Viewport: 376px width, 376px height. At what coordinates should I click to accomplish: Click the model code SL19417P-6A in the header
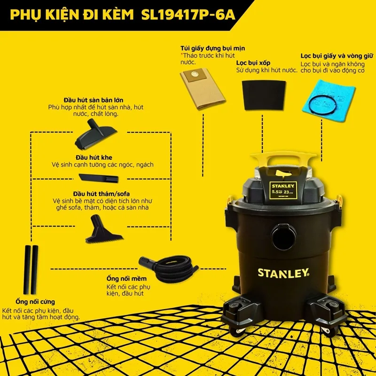(x=188, y=15)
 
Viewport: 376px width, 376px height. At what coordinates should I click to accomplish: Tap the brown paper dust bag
(x=203, y=88)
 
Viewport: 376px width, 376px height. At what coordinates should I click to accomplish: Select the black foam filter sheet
(x=264, y=95)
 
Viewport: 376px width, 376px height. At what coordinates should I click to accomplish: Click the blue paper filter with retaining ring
(x=329, y=101)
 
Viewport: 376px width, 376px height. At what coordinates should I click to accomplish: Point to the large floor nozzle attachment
(x=95, y=135)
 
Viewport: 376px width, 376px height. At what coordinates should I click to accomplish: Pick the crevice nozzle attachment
(x=99, y=178)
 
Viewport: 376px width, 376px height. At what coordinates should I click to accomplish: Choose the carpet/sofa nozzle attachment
(x=103, y=229)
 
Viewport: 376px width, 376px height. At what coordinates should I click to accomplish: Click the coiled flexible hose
(x=169, y=268)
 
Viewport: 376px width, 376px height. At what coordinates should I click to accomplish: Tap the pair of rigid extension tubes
(x=31, y=270)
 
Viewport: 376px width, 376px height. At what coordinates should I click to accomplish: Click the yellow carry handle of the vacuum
(x=283, y=159)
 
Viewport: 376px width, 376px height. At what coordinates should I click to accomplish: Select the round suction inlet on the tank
(x=284, y=237)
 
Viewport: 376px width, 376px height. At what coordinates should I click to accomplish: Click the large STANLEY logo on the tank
(x=283, y=273)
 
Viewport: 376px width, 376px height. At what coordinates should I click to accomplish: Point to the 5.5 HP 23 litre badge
(x=283, y=190)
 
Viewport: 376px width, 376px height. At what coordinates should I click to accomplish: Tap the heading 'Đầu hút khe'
(x=94, y=157)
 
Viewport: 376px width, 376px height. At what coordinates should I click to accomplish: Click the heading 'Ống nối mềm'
(x=126, y=279)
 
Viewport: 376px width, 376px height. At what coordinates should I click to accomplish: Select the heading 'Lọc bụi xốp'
(x=253, y=63)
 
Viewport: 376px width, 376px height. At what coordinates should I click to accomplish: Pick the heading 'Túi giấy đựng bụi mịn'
(x=213, y=48)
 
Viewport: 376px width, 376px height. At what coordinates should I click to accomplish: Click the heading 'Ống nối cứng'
(x=35, y=302)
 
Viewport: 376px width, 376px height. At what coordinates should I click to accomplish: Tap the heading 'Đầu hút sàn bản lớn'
(x=94, y=100)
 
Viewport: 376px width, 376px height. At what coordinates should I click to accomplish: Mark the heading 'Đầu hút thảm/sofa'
(x=102, y=194)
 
